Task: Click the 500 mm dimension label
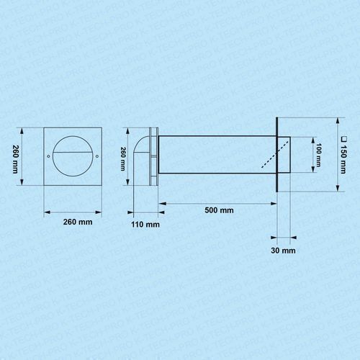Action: (219, 210)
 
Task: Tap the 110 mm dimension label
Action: (145, 225)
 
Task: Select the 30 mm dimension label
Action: (283, 251)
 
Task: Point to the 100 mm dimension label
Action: (318, 155)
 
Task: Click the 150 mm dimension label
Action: (343, 159)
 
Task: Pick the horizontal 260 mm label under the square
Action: (78, 222)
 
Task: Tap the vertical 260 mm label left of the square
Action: (15, 159)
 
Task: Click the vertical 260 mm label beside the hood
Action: (123, 159)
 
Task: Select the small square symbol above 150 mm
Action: (344, 139)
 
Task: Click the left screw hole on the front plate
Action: (48, 156)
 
